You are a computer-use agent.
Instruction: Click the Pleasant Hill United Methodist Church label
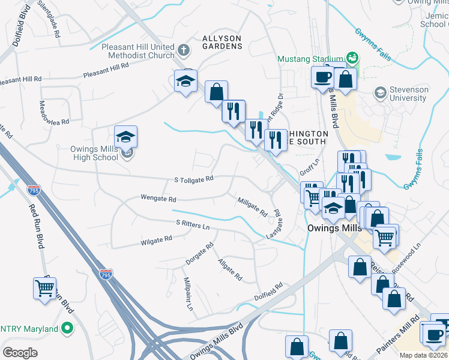[x=138, y=51]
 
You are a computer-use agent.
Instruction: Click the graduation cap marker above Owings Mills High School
[x=125, y=137]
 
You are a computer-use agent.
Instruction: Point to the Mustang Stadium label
[x=310, y=59]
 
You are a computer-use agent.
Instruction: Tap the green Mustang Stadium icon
[x=352, y=58]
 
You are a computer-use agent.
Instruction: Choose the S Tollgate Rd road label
[x=194, y=179]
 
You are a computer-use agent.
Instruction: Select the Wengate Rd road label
[x=158, y=198]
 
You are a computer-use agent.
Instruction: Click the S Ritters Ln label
[x=193, y=224]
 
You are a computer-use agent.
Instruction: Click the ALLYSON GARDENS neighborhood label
[x=221, y=42]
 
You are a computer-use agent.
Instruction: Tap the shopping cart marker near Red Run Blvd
[x=45, y=289]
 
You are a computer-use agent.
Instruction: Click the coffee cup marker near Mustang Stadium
[x=323, y=77]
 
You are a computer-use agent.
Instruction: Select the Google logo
[x=20, y=353]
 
